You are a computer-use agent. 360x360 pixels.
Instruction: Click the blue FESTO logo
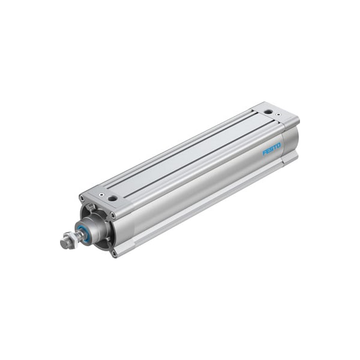click(x=272, y=149)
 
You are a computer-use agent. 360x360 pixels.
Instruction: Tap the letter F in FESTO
click(x=265, y=152)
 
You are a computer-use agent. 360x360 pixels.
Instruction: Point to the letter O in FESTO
click(x=278, y=146)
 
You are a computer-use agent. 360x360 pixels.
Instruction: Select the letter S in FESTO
click(x=272, y=149)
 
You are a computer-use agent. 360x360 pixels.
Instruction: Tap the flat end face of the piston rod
click(x=64, y=243)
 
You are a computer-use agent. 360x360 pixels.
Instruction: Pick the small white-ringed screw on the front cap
click(x=101, y=195)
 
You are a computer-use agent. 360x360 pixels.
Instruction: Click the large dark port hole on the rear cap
click(x=268, y=112)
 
